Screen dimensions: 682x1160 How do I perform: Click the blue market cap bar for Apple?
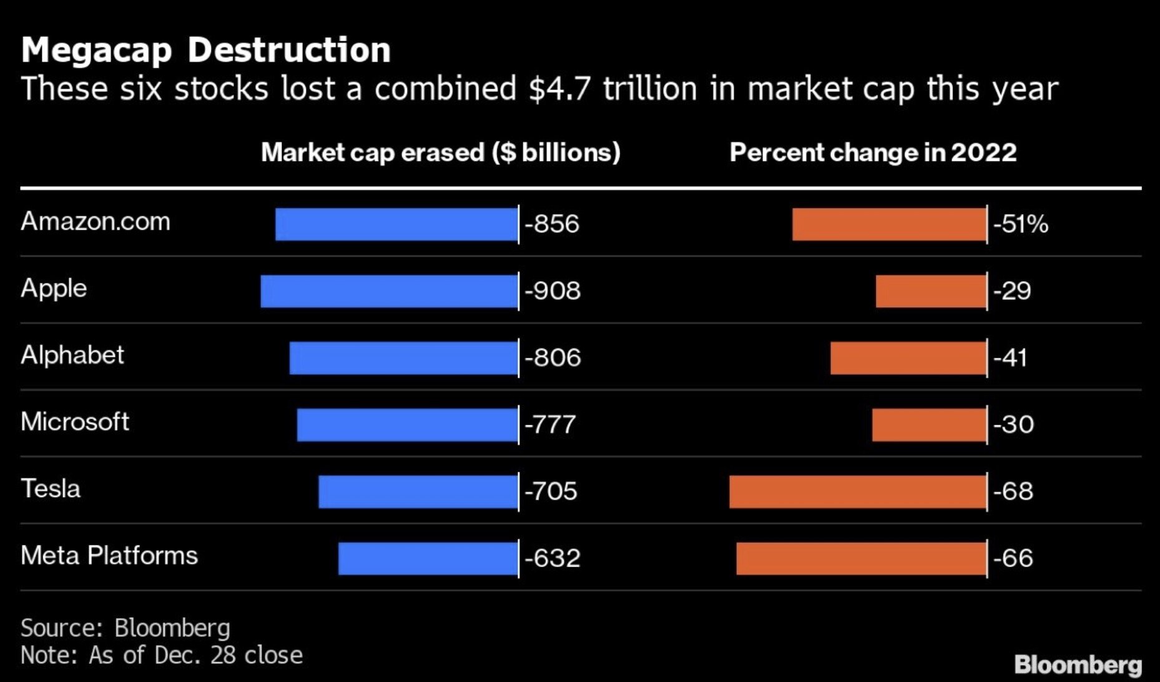[389, 291]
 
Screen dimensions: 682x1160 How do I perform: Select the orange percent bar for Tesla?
[858, 492]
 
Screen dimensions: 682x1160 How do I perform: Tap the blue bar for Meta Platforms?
[428, 558]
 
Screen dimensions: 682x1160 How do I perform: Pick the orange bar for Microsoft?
[929, 425]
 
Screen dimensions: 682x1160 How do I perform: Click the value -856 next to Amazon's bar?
[552, 224]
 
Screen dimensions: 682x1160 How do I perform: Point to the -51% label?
[1021, 224]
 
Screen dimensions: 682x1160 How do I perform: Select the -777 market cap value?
[550, 425]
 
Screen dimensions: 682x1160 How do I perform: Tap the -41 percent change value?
[1010, 358]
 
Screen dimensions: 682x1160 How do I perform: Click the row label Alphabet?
[72, 355]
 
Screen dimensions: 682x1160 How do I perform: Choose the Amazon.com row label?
[96, 222]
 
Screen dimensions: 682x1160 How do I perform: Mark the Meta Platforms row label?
[109, 556]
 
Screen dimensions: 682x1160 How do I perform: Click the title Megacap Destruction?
[206, 50]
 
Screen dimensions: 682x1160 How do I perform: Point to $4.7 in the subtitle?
[559, 88]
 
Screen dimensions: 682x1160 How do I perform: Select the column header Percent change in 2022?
[873, 152]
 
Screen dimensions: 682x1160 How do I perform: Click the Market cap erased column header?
[440, 152]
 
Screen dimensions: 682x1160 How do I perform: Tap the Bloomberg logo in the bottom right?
[1078, 665]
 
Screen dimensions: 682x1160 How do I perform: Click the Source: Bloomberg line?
[125, 628]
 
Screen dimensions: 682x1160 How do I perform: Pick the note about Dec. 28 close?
[162, 655]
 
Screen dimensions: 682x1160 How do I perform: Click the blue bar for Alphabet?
[403, 358]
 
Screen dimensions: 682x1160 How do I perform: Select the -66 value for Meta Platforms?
[1013, 558]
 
